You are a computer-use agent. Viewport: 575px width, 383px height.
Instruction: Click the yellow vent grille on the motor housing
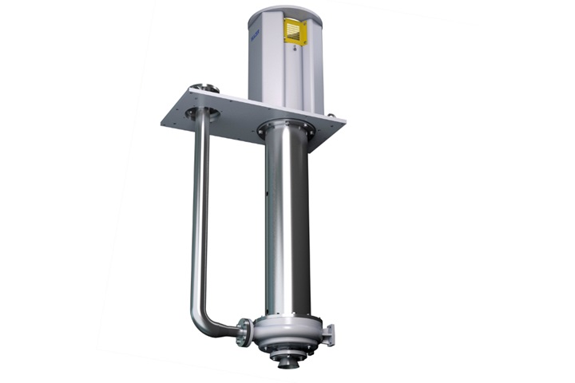point(295,33)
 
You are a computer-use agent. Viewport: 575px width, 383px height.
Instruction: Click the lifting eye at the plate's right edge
point(330,116)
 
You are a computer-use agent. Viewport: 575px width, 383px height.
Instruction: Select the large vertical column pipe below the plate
point(286,223)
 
